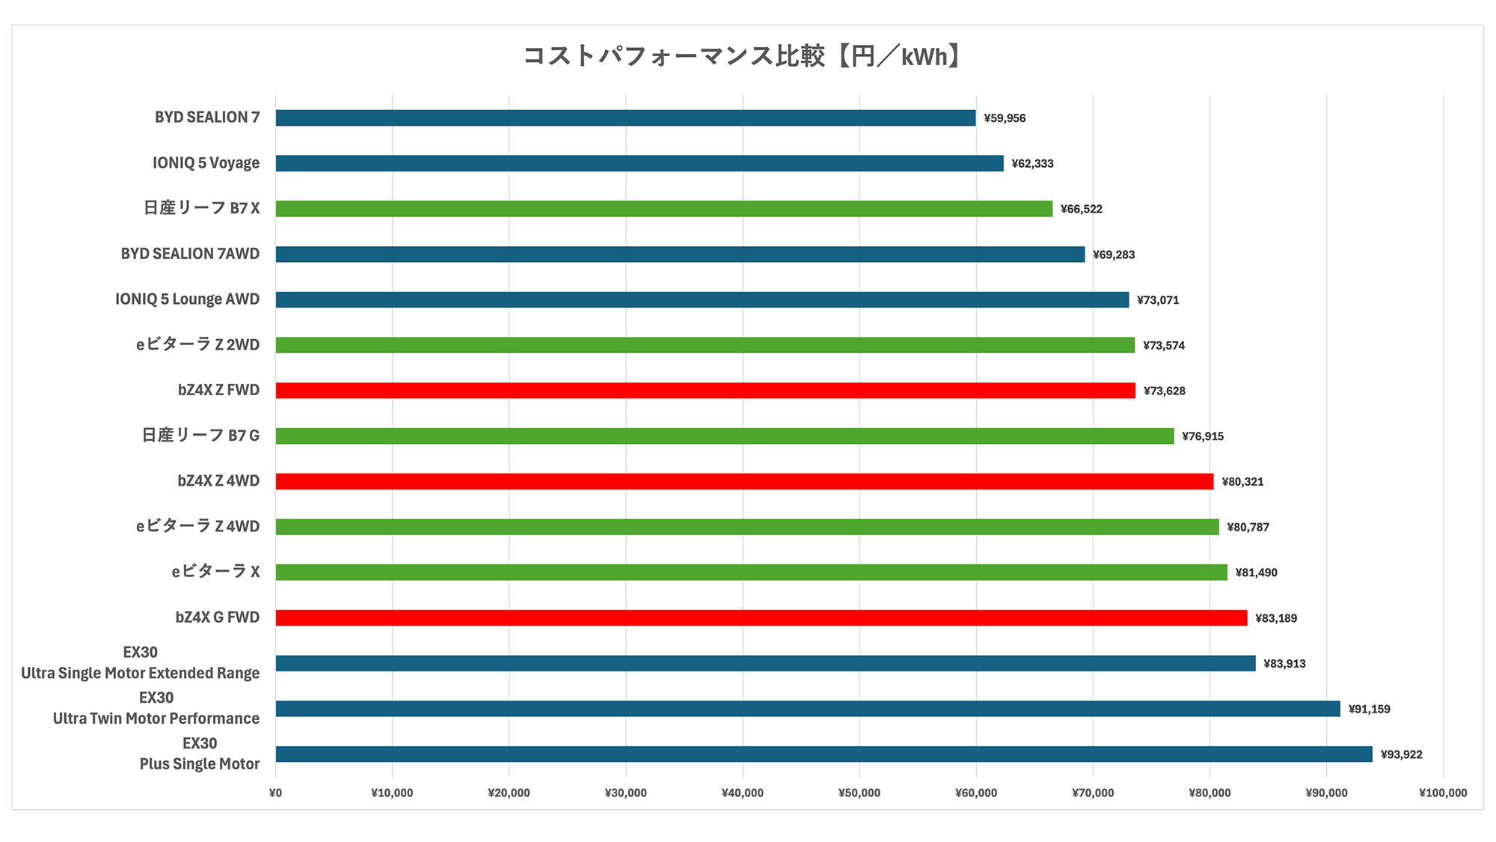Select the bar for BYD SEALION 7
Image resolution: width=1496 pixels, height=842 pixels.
[x=625, y=118]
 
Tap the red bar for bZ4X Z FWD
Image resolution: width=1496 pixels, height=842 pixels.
[x=705, y=391]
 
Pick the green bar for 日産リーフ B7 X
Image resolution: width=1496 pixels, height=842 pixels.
[x=663, y=209]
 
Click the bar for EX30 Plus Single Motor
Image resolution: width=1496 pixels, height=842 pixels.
[x=824, y=754]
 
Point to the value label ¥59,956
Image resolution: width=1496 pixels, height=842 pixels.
[x=1005, y=118]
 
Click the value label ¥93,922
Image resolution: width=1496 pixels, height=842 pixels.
[x=1401, y=754]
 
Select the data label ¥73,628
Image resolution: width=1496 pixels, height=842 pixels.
[x=1164, y=391]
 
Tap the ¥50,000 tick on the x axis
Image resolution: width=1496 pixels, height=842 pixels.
[x=859, y=793]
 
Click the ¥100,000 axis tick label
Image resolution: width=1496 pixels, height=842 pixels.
[x=1443, y=793]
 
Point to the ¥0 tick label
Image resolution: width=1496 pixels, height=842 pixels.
[x=275, y=793]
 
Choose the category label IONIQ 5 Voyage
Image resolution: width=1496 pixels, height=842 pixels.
[x=206, y=163]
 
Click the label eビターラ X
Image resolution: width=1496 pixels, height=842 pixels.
[x=215, y=572]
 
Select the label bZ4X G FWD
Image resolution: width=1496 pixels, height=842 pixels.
[x=217, y=617]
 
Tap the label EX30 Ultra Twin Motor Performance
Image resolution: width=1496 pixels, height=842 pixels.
[x=156, y=708]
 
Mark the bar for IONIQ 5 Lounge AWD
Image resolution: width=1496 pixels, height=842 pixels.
[x=702, y=300]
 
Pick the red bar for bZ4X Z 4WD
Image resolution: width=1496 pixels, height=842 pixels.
[x=744, y=481]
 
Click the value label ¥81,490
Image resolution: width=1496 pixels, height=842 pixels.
[x=1256, y=573]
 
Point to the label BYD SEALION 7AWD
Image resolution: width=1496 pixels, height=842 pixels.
[x=190, y=254]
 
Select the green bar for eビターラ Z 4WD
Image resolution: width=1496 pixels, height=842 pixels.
[x=747, y=527]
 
